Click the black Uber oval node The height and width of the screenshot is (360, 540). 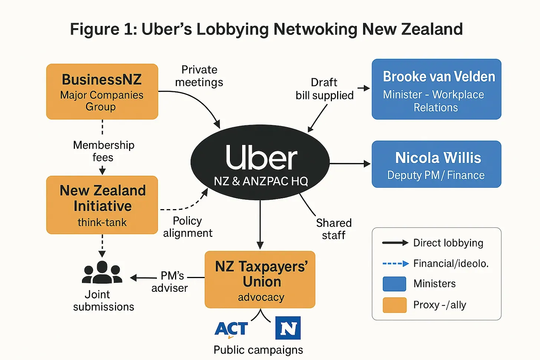260,162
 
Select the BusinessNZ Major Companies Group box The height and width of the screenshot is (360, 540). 102,92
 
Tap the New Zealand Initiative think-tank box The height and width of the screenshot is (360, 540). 102,205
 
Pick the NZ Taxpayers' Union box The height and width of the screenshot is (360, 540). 260,280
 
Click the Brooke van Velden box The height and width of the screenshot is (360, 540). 437,89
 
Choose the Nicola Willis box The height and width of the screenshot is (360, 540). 437,164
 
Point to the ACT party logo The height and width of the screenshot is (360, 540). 231,329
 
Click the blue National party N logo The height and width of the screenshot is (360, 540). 288,328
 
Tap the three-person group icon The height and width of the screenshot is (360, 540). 102,273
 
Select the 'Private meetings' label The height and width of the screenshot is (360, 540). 199,76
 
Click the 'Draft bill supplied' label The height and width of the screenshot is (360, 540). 325,89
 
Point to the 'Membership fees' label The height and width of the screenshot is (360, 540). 103,151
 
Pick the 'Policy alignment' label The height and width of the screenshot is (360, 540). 188,227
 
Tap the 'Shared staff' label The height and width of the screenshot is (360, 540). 334,229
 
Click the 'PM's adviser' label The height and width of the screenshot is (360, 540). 170,282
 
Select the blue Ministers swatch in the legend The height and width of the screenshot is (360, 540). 394,284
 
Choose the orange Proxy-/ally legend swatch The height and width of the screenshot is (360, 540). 394,305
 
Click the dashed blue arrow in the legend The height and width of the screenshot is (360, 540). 395,264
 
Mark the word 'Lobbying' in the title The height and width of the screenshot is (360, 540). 233,29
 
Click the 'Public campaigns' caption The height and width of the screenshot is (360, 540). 258,350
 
